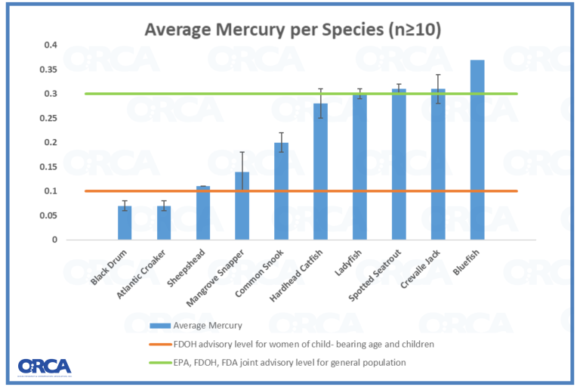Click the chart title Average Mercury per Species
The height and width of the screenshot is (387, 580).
(293, 30)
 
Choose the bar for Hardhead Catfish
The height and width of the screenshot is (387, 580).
(320, 172)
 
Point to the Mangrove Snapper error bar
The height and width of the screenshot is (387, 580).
(242, 172)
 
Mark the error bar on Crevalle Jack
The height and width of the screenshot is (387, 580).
(438, 88)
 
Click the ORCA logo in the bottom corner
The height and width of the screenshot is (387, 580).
(45, 366)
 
